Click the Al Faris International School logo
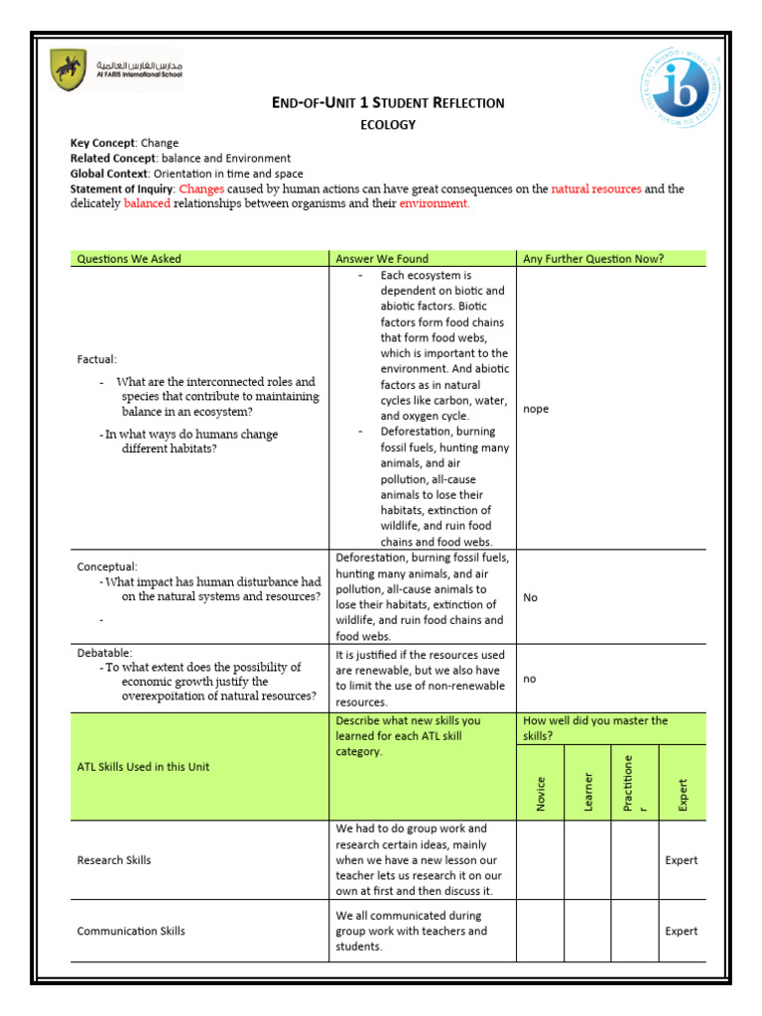(116, 70)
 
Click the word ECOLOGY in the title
(387, 125)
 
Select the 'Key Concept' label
(101, 143)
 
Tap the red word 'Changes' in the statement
(201, 189)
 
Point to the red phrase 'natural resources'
(595, 189)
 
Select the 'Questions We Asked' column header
(129, 259)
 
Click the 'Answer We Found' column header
(382, 259)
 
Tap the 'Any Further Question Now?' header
(592, 259)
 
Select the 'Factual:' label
(97, 359)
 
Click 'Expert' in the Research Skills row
(682, 860)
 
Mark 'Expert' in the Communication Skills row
(682, 931)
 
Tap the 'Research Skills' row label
(114, 860)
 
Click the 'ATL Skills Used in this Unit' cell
(143, 767)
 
